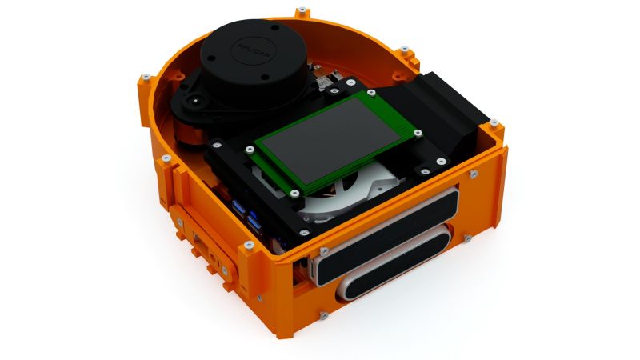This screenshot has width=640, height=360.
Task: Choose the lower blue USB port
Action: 254,221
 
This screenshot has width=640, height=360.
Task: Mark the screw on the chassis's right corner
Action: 494,122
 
